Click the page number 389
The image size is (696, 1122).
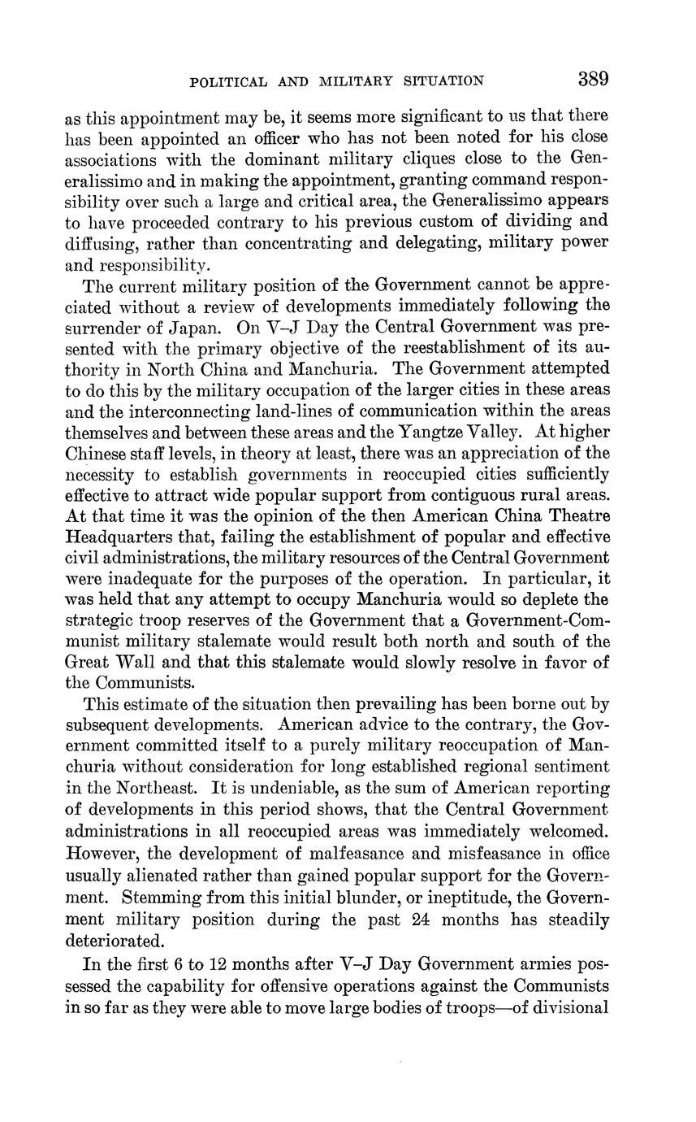[594, 79]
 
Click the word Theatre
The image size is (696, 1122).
[576, 516]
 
